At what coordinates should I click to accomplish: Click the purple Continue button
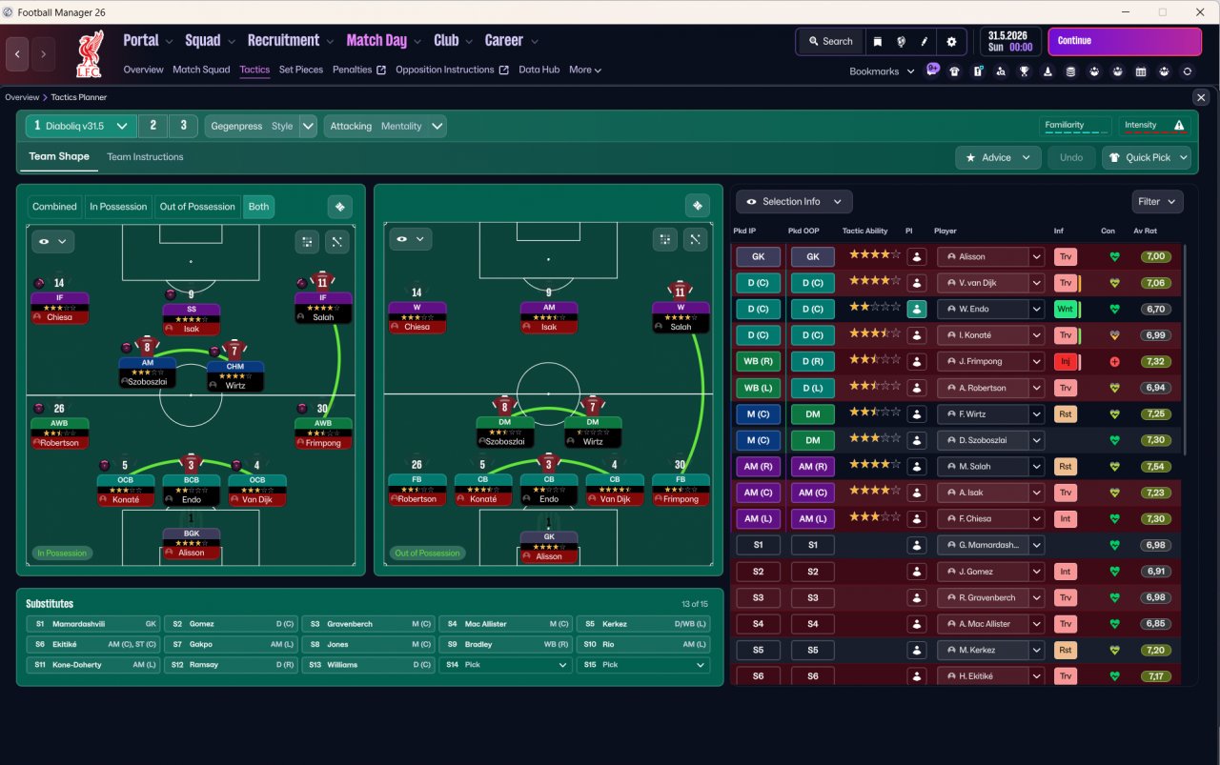[1125, 41]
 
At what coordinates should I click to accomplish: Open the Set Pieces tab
[300, 70]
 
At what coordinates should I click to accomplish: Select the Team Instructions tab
[145, 157]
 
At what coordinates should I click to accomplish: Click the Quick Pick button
[1146, 157]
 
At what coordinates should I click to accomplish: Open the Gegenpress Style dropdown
[261, 127]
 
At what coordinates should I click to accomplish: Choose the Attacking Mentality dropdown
[385, 127]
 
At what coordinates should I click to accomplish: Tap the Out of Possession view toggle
[197, 207]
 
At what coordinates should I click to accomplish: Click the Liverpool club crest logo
[90, 54]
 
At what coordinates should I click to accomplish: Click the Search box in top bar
[830, 41]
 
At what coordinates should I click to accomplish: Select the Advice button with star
[998, 157]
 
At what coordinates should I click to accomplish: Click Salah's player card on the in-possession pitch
[323, 308]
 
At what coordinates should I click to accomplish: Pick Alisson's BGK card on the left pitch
[192, 543]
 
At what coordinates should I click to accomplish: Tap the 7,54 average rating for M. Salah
[1155, 467]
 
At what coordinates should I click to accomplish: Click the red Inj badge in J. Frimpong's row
[1066, 361]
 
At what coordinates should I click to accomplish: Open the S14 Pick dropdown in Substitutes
[506, 665]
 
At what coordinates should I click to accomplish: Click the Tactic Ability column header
[864, 231]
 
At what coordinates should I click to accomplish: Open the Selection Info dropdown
[794, 202]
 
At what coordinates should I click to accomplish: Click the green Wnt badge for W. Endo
[1066, 310]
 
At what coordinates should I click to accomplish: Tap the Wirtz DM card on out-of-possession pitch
[593, 432]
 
